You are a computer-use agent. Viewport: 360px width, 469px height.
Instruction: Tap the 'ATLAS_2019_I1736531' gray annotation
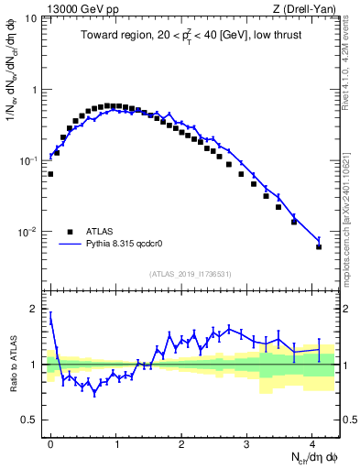(191, 273)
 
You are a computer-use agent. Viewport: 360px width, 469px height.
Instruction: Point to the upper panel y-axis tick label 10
(31, 19)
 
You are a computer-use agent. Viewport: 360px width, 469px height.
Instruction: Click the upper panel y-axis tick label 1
(34, 90)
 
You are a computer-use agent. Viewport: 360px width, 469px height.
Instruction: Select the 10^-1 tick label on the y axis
(28, 160)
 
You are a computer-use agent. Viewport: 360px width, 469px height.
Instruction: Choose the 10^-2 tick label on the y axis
(28, 232)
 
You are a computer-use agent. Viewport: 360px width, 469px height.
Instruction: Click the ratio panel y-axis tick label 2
(34, 309)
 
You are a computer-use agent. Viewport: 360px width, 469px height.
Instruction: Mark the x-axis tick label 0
(51, 443)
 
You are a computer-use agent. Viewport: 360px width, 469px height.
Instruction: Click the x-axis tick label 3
(247, 443)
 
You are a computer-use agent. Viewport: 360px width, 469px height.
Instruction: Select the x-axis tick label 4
(312, 443)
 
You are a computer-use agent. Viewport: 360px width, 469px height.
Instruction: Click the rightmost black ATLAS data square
(319, 246)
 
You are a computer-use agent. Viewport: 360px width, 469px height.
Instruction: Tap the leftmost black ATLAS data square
(50, 173)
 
